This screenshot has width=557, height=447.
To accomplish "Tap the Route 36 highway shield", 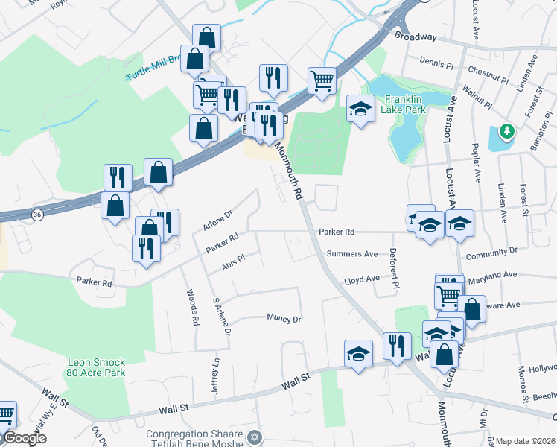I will point(37,215).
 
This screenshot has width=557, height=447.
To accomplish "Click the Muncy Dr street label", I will point(284,318).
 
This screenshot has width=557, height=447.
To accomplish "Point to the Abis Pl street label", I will point(233,262).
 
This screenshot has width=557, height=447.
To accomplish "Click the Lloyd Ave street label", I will point(361,281).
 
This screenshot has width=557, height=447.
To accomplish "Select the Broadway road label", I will point(416,36).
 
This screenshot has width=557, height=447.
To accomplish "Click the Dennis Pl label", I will point(436,63).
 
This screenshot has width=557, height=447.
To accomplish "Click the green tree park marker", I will point(508,131).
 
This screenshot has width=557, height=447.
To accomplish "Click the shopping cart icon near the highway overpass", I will point(322,80).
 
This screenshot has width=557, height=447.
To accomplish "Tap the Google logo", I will point(25,439).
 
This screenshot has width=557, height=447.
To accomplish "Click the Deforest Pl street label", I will point(394,267).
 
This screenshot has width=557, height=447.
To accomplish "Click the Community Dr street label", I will point(491,254).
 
